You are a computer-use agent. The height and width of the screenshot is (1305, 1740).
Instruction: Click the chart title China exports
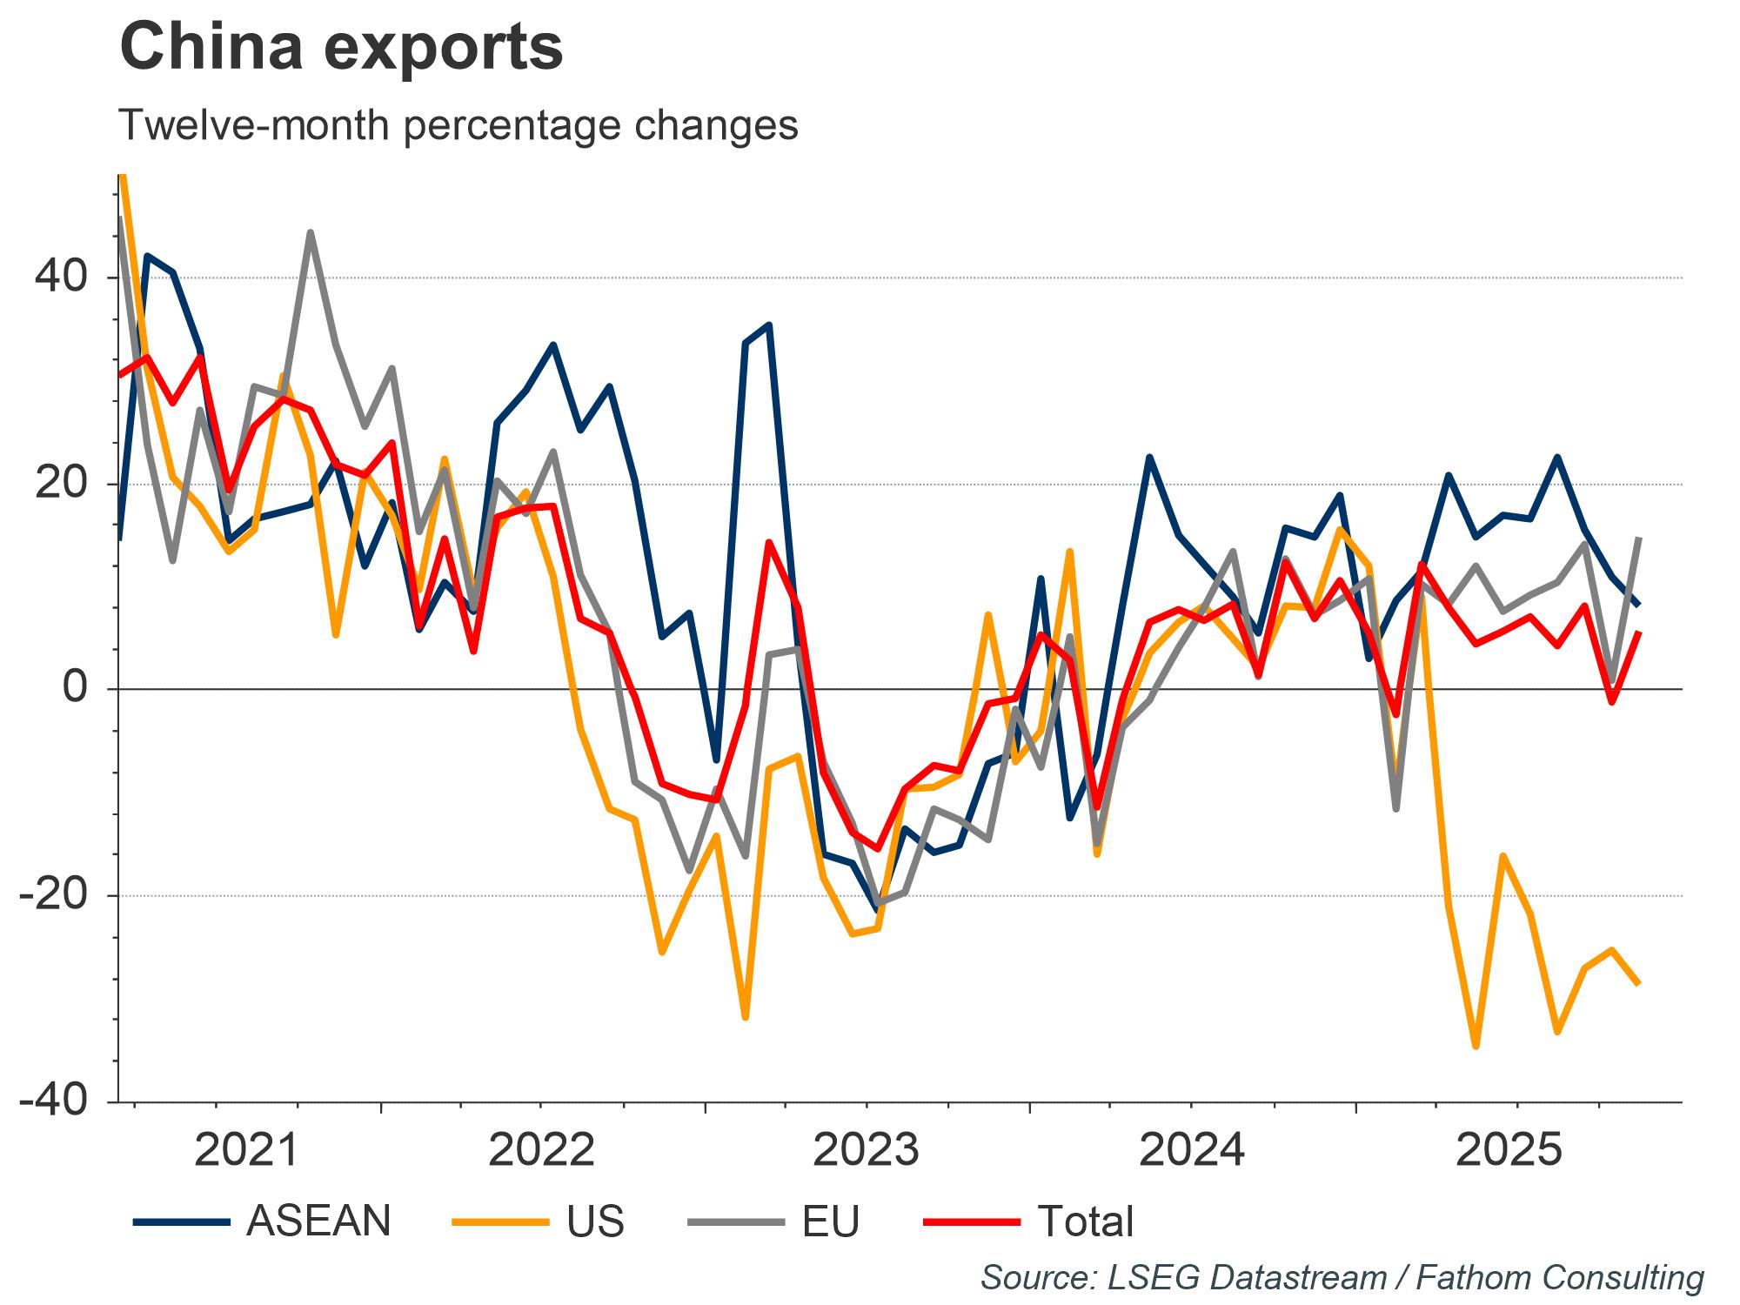pyautogui.click(x=341, y=48)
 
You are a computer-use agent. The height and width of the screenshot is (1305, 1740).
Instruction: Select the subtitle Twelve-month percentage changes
pyautogui.click(x=458, y=126)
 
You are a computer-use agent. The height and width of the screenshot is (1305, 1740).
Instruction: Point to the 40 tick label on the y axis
pyautogui.click(x=61, y=278)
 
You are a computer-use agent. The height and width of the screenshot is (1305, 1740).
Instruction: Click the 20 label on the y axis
pyautogui.click(x=61, y=484)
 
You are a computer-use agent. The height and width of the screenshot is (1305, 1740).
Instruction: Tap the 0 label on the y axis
pyautogui.click(x=77, y=689)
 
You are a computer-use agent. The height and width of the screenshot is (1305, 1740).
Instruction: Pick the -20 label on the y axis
pyautogui.click(x=53, y=895)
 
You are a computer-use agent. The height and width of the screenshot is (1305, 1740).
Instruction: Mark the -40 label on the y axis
pyautogui.click(x=53, y=1101)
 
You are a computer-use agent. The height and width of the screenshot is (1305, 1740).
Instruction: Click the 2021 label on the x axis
pyautogui.click(x=247, y=1151)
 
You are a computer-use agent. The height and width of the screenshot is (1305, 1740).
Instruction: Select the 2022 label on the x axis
pyautogui.click(x=541, y=1151)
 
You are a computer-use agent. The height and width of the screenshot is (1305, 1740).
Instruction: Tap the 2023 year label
pyautogui.click(x=866, y=1151)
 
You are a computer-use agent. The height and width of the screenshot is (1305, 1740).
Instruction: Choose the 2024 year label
pyautogui.click(x=1191, y=1151)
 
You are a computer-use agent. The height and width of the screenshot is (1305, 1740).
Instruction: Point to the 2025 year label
pyautogui.click(x=1509, y=1151)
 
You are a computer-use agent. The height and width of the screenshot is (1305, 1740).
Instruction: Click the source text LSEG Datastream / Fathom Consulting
pyautogui.click(x=1342, y=1276)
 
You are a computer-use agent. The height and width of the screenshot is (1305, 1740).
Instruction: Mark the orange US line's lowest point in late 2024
pyautogui.click(x=1476, y=1047)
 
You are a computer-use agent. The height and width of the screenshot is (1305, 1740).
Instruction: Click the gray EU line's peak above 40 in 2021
pyautogui.click(x=311, y=232)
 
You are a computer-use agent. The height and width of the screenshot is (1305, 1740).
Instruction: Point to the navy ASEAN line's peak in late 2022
pyautogui.click(x=769, y=325)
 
